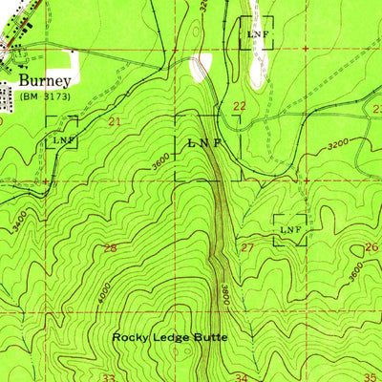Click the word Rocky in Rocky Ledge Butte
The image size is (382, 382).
[129, 336]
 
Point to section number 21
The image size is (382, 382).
[115, 121]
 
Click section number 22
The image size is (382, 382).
[240, 106]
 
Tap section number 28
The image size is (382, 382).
[110, 248]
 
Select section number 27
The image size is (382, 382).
[246, 248]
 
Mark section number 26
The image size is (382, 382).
[371, 247]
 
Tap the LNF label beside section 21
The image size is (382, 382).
[61, 140]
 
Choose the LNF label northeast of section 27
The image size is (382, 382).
[290, 230]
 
